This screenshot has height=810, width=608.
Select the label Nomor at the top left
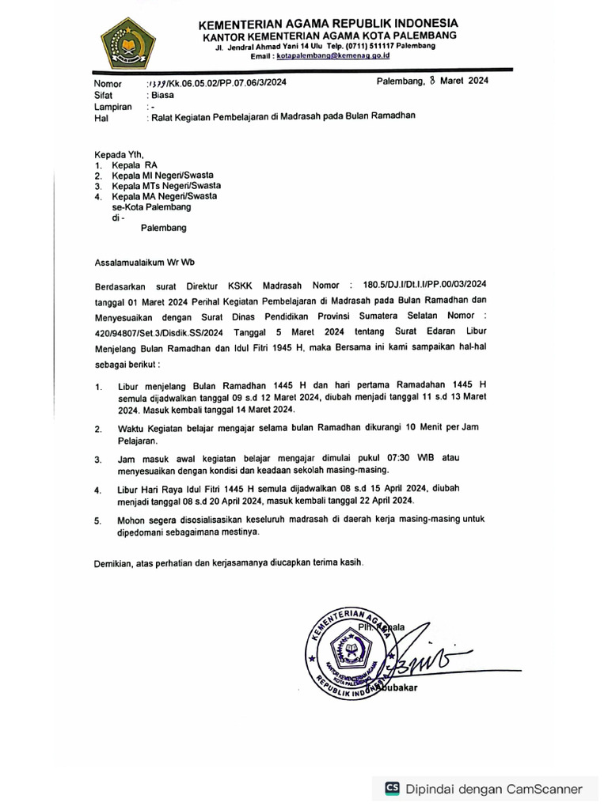(x=108, y=84)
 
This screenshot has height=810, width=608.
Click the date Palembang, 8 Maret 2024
(x=432, y=82)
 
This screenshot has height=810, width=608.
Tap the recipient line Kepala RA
(x=135, y=165)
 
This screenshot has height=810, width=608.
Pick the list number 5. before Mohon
(x=97, y=522)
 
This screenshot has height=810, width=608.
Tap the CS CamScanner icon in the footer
(x=392, y=788)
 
